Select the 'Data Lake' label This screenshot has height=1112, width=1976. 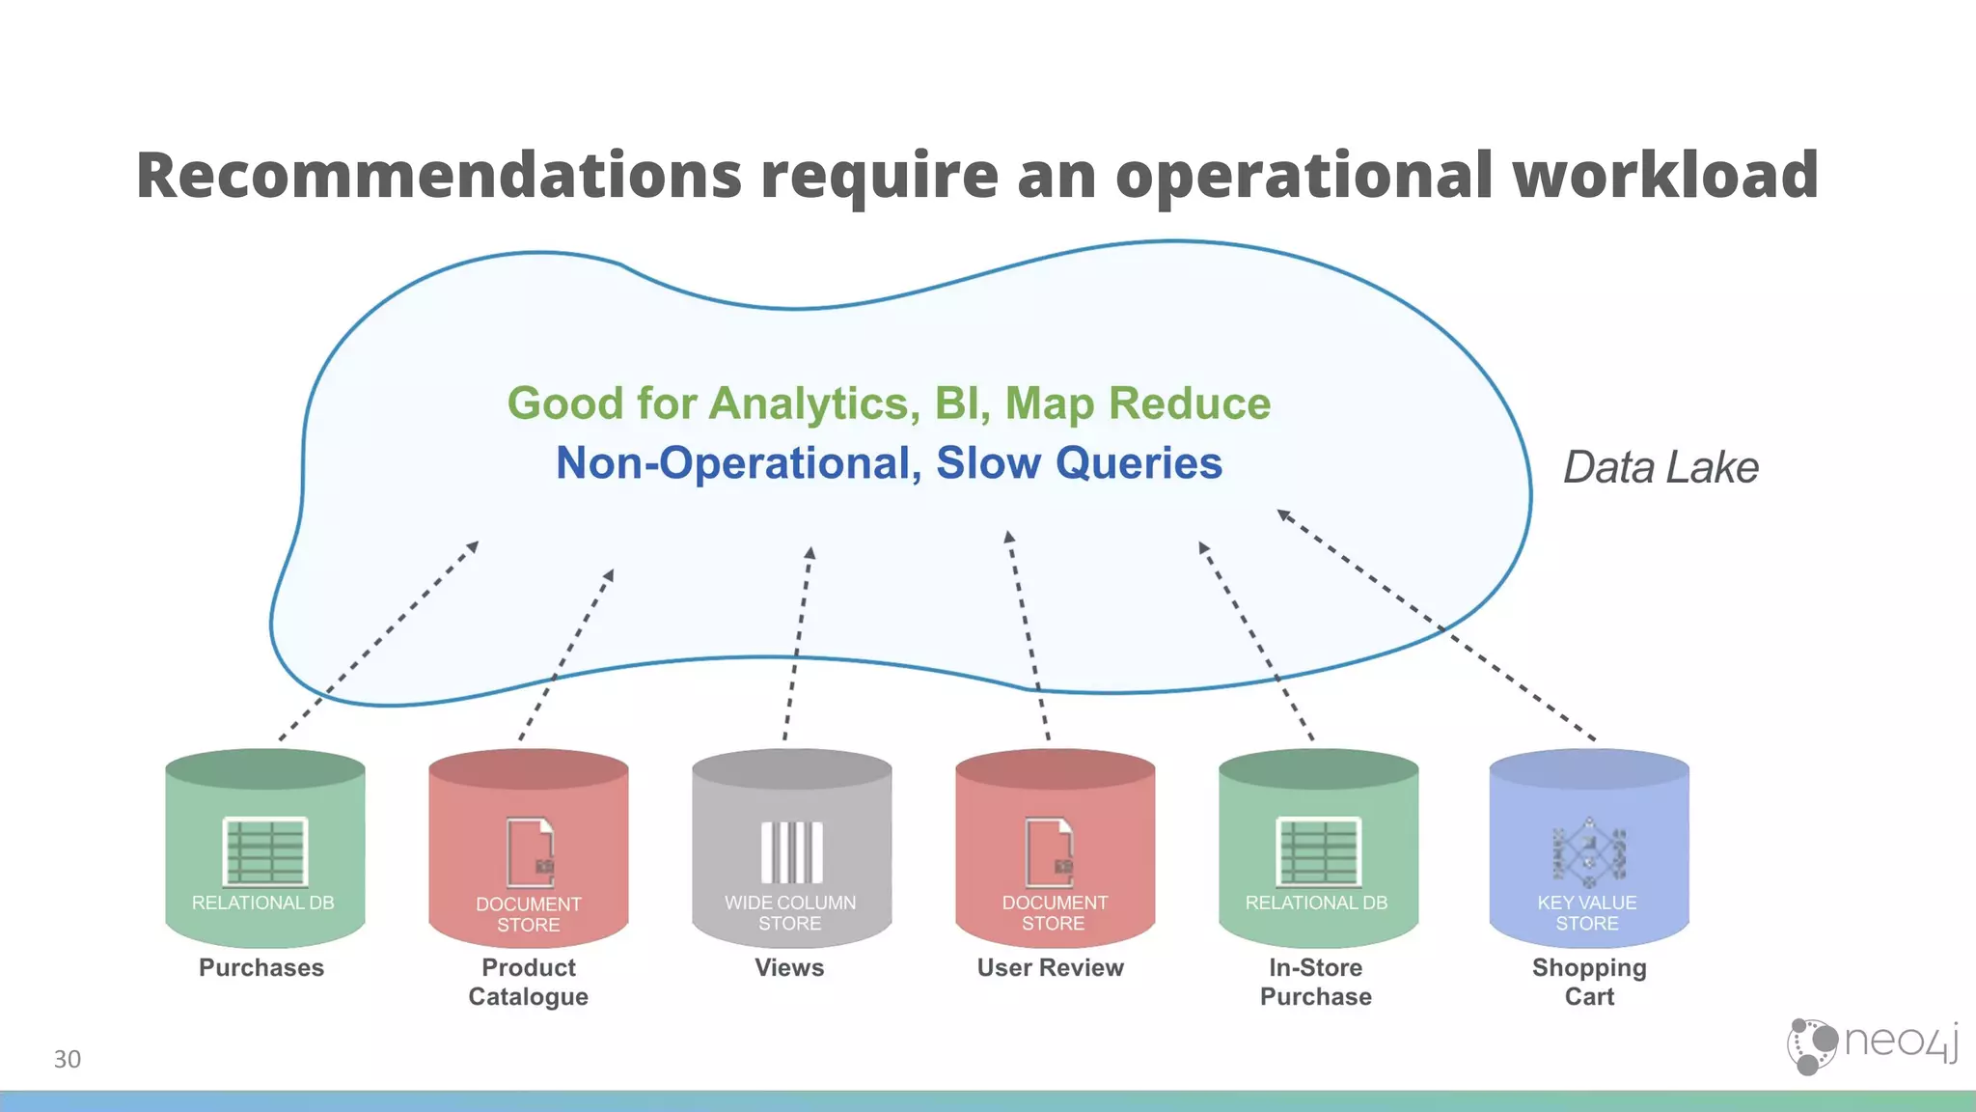(1660, 467)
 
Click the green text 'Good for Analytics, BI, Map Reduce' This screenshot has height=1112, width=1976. (889, 403)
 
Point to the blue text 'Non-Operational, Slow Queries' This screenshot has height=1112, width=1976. (889, 463)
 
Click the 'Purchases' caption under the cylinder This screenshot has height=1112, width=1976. (261, 967)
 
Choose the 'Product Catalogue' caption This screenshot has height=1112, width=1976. (529, 982)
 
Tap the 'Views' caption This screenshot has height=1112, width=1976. (789, 967)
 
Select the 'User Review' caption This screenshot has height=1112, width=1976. (1051, 967)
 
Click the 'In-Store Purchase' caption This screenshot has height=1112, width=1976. (1316, 982)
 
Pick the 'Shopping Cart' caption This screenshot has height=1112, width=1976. (1589, 982)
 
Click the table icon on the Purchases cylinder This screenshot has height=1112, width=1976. (265, 851)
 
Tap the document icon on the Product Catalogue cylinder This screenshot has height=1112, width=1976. (531, 851)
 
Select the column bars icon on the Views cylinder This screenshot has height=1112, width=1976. (792, 852)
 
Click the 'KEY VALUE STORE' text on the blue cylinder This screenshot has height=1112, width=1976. (1587, 913)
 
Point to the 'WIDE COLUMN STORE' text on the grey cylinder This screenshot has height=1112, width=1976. (790, 913)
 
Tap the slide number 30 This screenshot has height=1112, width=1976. (68, 1059)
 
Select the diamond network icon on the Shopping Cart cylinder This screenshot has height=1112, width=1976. (1589, 852)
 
